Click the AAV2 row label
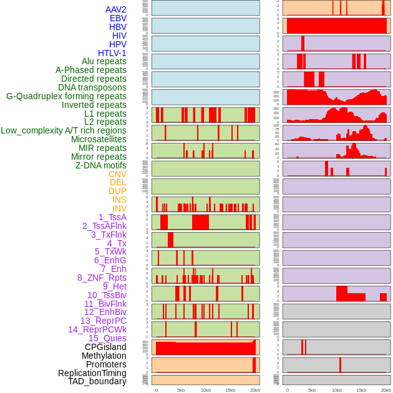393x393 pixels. click(x=115, y=9)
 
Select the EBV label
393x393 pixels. click(x=118, y=18)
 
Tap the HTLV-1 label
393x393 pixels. click(x=112, y=53)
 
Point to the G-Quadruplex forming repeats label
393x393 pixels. click(x=66, y=96)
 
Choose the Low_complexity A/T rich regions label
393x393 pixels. click(x=64, y=130)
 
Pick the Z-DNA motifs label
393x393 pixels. click(x=100, y=165)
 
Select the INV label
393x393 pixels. click(x=119, y=208)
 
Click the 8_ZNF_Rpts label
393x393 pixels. click(x=102, y=278)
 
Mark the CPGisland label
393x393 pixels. click(x=105, y=347)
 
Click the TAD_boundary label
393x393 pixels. click(x=97, y=381)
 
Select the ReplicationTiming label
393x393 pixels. click(x=92, y=373)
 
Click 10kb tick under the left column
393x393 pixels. click(x=205, y=390)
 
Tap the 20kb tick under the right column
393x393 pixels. click(x=386, y=390)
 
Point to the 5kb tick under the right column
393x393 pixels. click(x=312, y=390)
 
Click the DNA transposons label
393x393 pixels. click(x=92, y=87)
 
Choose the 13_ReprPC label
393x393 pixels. click(x=103, y=321)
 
